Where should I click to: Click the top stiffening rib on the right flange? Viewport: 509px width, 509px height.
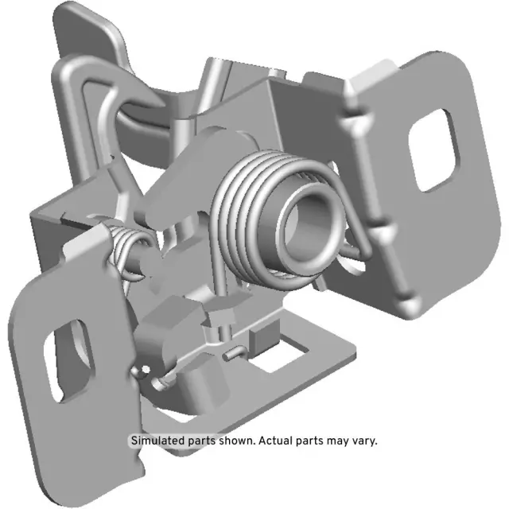(351, 123)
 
